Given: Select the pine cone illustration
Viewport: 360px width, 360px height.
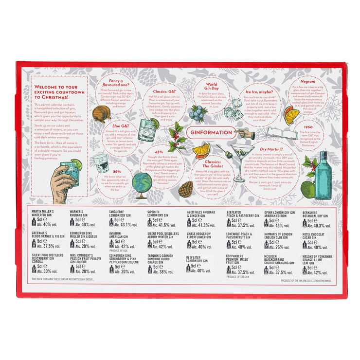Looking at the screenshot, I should [185, 190].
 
